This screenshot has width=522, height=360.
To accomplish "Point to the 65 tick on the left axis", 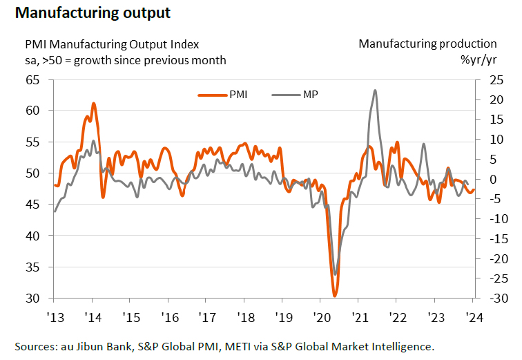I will [32, 79].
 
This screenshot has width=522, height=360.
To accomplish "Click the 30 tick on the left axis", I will [32, 299].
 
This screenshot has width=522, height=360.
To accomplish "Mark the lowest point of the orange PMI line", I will [335, 296].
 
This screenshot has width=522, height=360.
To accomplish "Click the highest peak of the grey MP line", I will [375, 91].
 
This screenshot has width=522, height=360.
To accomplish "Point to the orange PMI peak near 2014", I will [93, 104].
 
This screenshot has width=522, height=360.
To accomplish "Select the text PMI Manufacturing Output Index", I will [112, 44].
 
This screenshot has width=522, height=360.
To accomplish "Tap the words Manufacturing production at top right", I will [427, 44].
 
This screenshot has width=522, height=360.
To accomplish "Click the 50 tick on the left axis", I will [32, 173].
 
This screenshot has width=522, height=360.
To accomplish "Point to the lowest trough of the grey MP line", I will [336, 274].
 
